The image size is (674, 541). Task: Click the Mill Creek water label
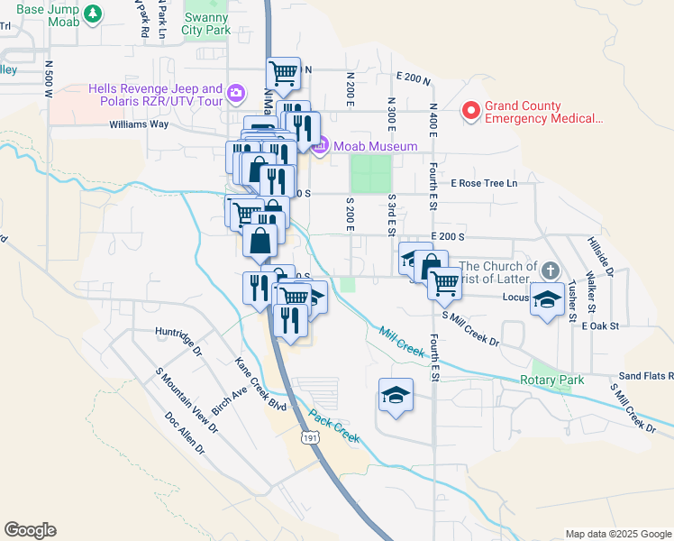point(400,343)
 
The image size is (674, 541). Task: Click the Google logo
point(30,530)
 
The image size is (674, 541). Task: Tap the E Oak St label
point(600,326)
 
